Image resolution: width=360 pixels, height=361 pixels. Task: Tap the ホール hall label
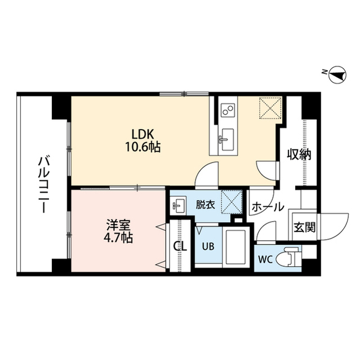click(268, 207)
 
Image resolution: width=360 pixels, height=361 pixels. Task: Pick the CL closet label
click(180, 246)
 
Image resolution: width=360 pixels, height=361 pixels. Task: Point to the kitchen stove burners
click(227, 109)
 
